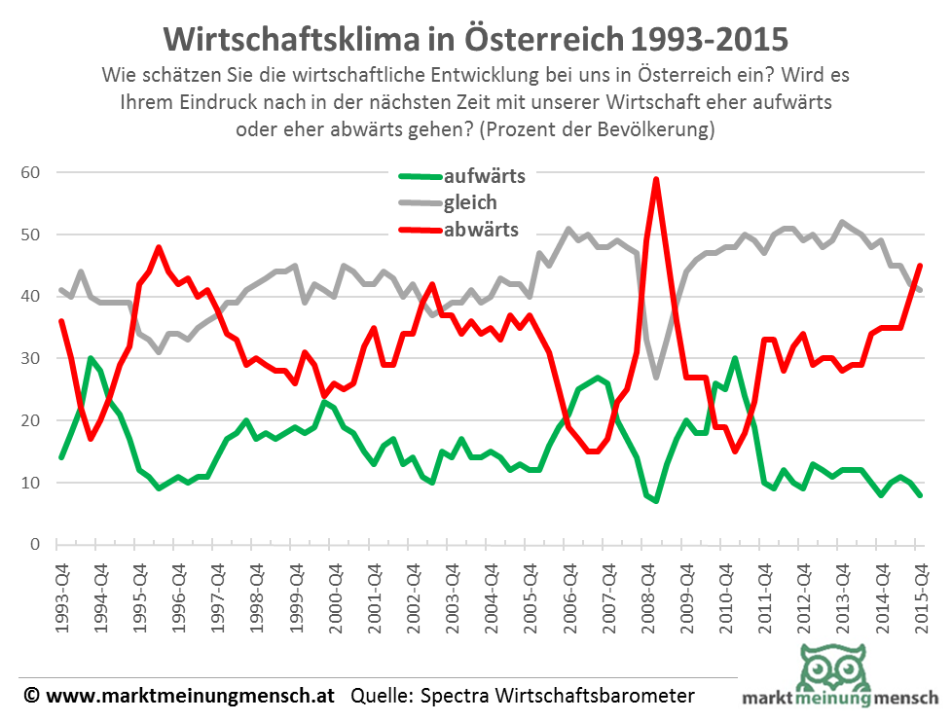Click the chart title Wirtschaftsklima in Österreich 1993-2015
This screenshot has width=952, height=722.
(x=475, y=39)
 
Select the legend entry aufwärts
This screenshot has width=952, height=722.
(x=484, y=176)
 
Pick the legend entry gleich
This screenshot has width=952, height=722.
(x=470, y=202)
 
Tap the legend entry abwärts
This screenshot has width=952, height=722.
(x=481, y=230)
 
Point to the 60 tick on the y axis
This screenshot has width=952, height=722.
(x=40, y=172)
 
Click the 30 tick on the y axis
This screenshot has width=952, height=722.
(x=40, y=358)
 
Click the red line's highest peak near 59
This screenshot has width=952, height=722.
(x=657, y=179)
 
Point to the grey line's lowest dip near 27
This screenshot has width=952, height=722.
(x=657, y=377)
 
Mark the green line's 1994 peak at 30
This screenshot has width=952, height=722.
(x=91, y=358)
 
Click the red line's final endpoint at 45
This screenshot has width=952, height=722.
(x=920, y=266)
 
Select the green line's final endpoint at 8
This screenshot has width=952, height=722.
(x=920, y=494)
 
